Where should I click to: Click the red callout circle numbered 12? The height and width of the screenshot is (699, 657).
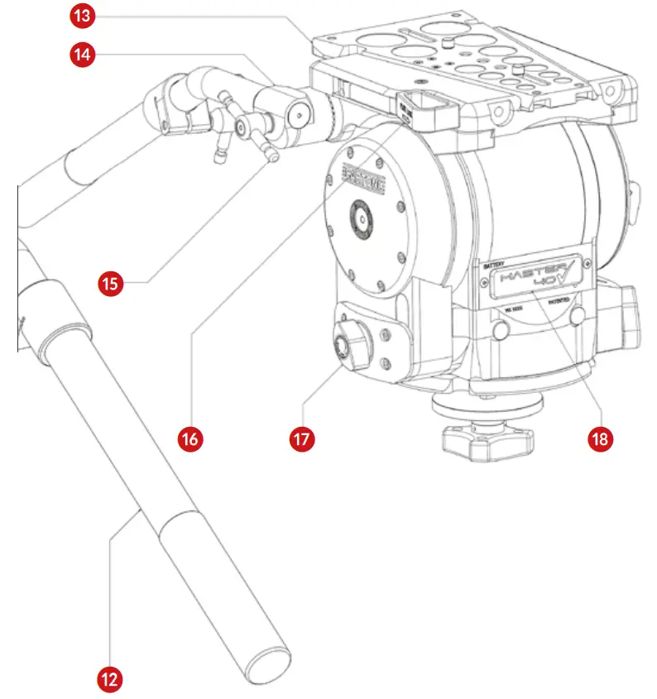[x=109, y=679]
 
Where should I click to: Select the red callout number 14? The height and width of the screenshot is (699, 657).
[x=80, y=55]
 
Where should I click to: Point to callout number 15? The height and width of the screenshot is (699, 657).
[x=109, y=283]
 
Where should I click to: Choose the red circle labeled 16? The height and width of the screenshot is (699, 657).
[x=190, y=438]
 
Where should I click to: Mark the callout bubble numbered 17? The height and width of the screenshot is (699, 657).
[x=303, y=438]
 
